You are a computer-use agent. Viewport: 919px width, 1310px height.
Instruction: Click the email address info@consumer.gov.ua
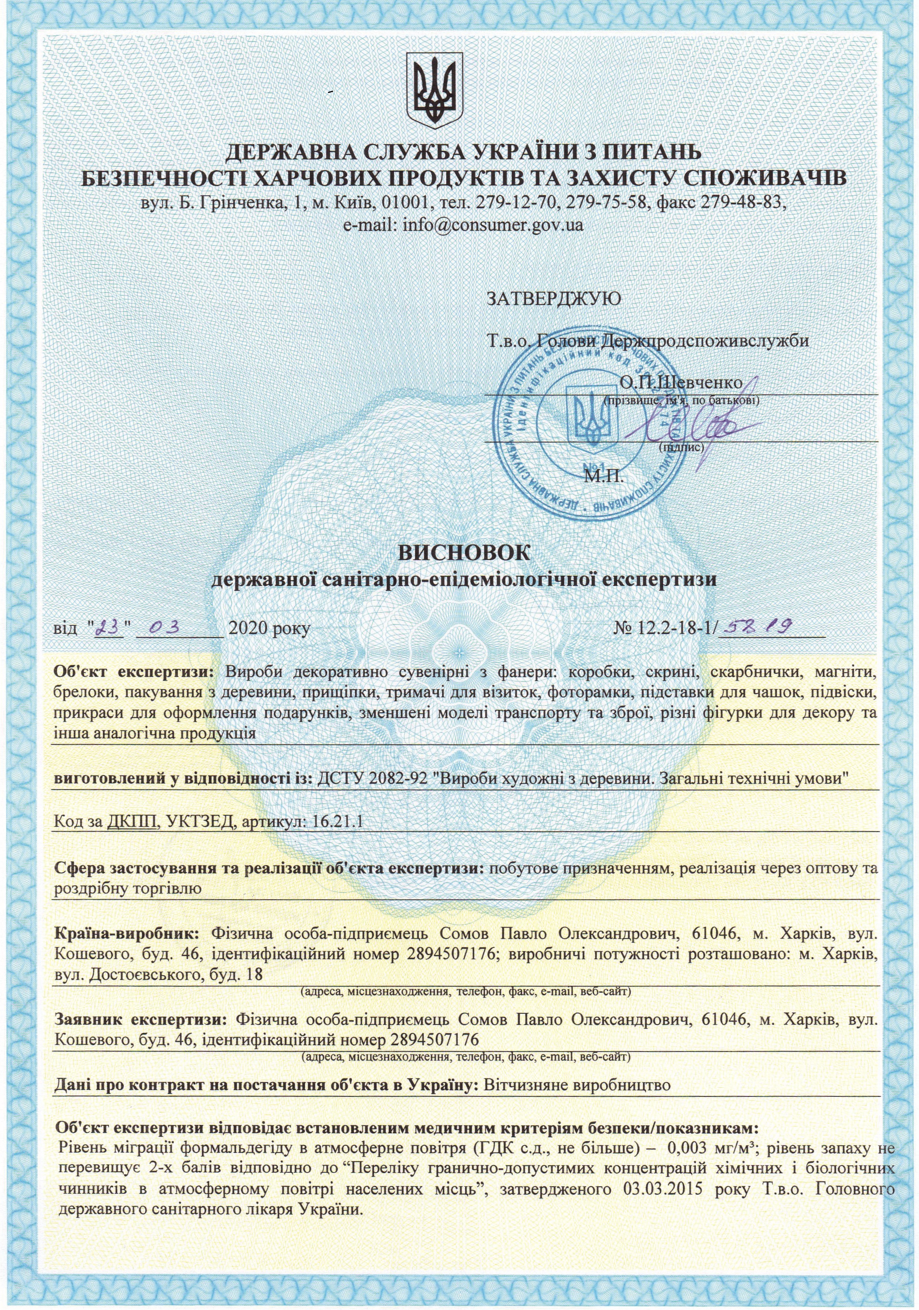point(464,225)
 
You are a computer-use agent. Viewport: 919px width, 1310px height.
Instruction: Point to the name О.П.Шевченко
point(681,382)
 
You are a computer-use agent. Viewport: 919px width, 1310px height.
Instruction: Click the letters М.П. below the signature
point(604,476)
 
